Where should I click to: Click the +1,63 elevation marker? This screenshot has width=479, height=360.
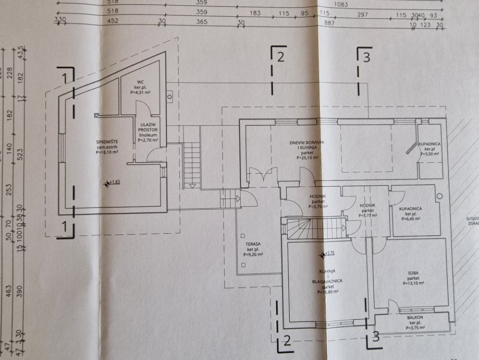[x=114, y=183]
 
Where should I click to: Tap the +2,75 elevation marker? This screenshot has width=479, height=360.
[x=329, y=254]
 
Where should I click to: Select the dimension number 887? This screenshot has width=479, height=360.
[x=329, y=22]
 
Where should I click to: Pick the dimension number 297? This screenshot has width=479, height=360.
[x=362, y=13]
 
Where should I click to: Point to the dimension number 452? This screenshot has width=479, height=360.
[x=113, y=22]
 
